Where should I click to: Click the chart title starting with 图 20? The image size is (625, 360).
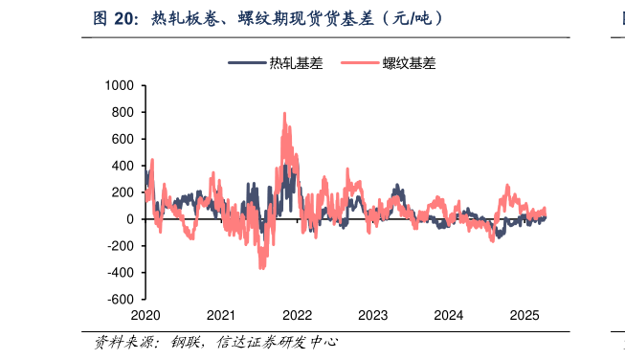pos(268,18)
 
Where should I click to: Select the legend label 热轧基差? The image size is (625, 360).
pos(296,64)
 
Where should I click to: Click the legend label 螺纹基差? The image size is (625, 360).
pos(410,64)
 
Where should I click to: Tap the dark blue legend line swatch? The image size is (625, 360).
pos(247,64)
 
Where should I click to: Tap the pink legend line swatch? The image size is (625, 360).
pos(359,64)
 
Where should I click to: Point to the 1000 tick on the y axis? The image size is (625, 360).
pos(119,85)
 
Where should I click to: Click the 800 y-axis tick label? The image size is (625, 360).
pos(123,112)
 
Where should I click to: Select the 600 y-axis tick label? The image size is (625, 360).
pos(123,139)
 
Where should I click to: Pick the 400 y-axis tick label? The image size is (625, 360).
pos(123,166)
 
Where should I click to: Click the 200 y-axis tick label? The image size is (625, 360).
pos(123,192)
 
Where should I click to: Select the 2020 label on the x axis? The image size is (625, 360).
pos(145,315)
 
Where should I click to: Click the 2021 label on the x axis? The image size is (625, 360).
pos(221,315)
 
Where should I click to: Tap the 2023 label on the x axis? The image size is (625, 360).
pos(372,315)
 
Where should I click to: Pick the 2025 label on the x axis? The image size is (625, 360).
pos(524,315)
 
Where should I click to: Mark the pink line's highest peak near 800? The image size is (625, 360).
pos(284,113)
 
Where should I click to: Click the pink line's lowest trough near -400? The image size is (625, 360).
pos(262,269)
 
